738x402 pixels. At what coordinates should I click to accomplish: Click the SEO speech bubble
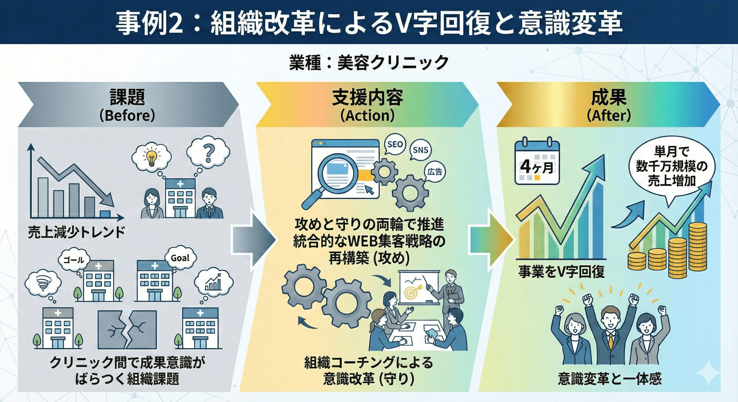click(x=395, y=144)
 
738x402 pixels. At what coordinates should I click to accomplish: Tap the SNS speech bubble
click(x=421, y=150)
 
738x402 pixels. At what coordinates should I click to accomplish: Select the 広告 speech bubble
click(x=435, y=172)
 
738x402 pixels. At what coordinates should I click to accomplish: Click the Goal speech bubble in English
click(x=180, y=258)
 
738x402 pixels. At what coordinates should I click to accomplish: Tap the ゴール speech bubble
click(x=74, y=260)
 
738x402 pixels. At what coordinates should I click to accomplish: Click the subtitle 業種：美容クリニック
click(x=369, y=63)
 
